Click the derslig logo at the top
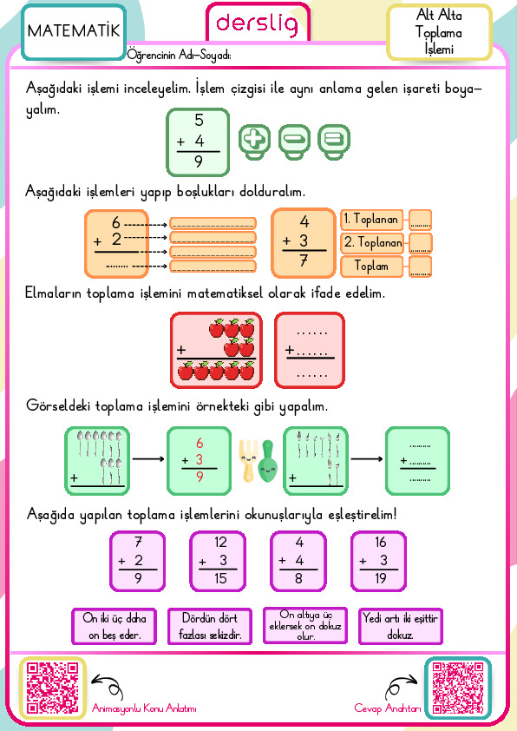click(x=257, y=24)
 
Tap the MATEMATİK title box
click(x=74, y=32)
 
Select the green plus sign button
click(x=254, y=142)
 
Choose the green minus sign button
click(x=294, y=142)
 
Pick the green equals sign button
click(x=334, y=142)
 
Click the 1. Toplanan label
click(x=371, y=219)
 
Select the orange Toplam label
click(x=371, y=267)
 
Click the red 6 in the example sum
click(x=200, y=443)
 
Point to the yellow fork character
click(x=248, y=461)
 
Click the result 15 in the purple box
click(x=220, y=578)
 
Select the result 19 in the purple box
click(x=381, y=578)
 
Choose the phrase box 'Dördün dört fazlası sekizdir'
click(x=210, y=626)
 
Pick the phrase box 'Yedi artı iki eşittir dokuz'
click(x=401, y=626)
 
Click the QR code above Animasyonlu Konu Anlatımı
click(x=52, y=688)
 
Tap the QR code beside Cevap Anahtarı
click(x=458, y=688)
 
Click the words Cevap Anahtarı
click(x=388, y=708)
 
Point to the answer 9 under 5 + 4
click(x=199, y=161)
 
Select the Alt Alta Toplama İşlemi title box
click(x=439, y=32)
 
